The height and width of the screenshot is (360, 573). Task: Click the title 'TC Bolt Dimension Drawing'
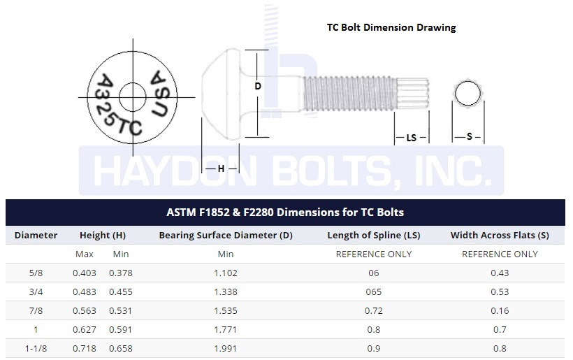point(391,28)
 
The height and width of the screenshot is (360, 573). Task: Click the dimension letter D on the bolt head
point(258,86)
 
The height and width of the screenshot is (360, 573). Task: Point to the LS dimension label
point(411,138)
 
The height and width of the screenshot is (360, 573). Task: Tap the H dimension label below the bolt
point(221,168)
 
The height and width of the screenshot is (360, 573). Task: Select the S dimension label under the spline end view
point(469,137)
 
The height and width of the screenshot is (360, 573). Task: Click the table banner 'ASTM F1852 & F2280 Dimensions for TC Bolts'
point(285,212)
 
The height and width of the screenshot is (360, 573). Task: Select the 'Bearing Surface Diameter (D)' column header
point(226,236)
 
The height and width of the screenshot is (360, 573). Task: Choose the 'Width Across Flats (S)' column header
point(500,236)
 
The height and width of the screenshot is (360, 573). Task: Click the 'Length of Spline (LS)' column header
point(373,236)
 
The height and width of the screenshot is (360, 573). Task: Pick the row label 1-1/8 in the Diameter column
point(36,347)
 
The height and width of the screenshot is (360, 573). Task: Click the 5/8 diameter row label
point(36,273)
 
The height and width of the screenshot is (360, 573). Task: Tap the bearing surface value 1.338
point(226,291)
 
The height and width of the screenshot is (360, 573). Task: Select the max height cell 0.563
point(85,310)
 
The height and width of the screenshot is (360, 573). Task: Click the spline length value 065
point(373,291)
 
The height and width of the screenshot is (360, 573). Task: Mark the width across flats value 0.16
point(500,310)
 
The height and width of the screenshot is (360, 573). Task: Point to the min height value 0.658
point(120,347)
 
